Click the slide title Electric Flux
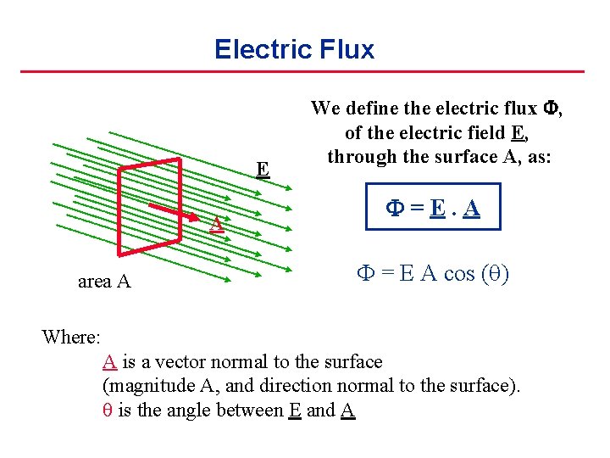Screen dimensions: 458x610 coord(294,49)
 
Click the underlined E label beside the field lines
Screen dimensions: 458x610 coord(263,169)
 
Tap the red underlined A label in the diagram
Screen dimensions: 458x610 coord(217,224)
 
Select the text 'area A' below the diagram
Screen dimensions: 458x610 coord(104,282)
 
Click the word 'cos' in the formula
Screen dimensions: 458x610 coord(453,275)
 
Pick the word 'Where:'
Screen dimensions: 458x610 coord(71,337)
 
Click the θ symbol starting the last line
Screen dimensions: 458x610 coord(106,411)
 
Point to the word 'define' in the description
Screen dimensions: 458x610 coord(373,108)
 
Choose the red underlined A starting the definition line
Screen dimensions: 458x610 coord(109,361)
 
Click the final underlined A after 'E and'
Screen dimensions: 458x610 coord(347,411)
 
